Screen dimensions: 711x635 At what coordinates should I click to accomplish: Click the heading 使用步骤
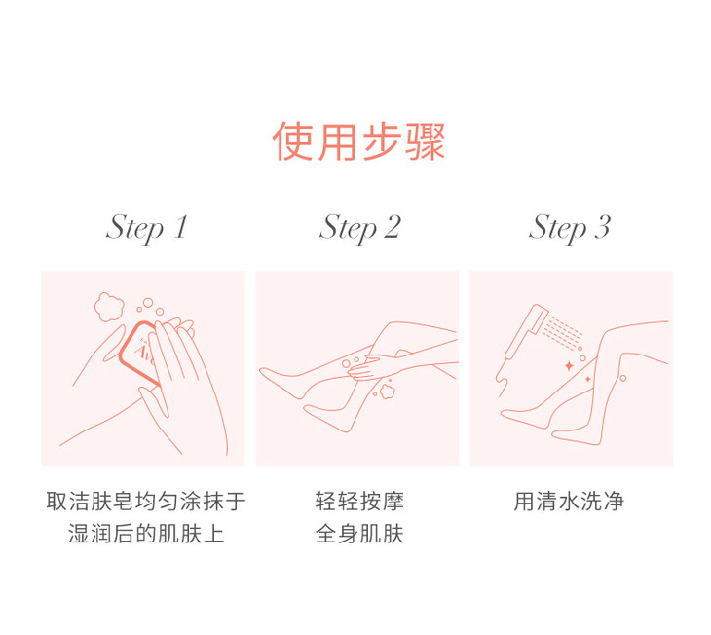pyautogui.click(x=358, y=141)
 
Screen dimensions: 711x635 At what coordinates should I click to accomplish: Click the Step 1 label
pyautogui.click(x=146, y=228)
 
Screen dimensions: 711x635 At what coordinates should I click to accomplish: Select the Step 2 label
pyautogui.click(x=360, y=228)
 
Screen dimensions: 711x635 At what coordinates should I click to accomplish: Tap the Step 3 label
pyautogui.click(x=570, y=228)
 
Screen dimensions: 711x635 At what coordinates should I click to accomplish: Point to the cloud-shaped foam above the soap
pyautogui.click(x=109, y=307)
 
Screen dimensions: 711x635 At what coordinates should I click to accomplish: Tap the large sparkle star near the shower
pyautogui.click(x=569, y=365)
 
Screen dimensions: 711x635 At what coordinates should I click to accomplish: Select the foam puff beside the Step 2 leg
pyautogui.click(x=387, y=391)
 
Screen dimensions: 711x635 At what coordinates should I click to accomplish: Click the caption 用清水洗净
pyautogui.click(x=569, y=502)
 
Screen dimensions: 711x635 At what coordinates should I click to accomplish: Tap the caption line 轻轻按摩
pyautogui.click(x=359, y=502)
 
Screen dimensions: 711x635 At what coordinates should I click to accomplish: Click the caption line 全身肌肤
pyautogui.click(x=359, y=534)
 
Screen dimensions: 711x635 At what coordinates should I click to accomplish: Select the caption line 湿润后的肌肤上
pyautogui.click(x=146, y=534)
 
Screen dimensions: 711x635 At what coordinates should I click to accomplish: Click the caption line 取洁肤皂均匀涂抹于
pyautogui.click(x=146, y=502)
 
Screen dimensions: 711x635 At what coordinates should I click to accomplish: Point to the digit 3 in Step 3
pyautogui.click(x=603, y=227)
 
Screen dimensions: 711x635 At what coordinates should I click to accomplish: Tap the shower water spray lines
pyautogui.click(x=562, y=333)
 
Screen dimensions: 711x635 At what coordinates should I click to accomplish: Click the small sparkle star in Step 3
pyautogui.click(x=588, y=379)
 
